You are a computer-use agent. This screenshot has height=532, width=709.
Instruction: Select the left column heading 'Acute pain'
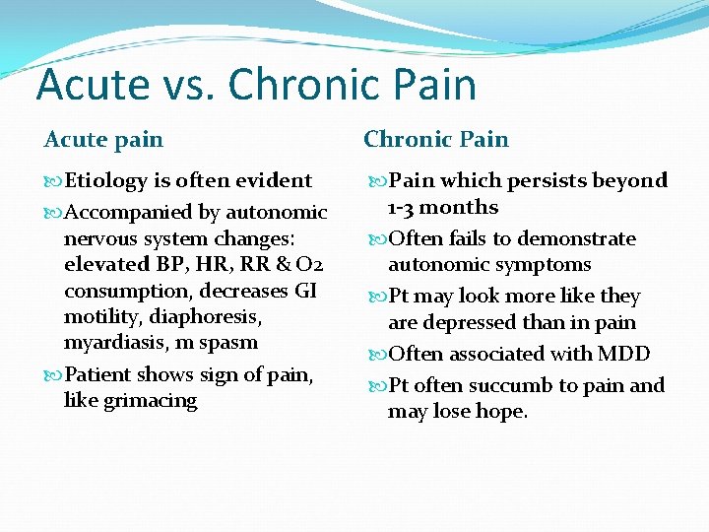(103, 139)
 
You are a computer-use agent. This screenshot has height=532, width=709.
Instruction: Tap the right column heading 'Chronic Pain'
(436, 139)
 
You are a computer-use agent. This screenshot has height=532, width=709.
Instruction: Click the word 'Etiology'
(105, 181)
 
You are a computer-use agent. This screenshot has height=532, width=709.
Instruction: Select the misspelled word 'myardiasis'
(111, 343)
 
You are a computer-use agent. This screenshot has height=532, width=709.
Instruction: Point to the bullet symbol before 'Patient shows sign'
(54, 375)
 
